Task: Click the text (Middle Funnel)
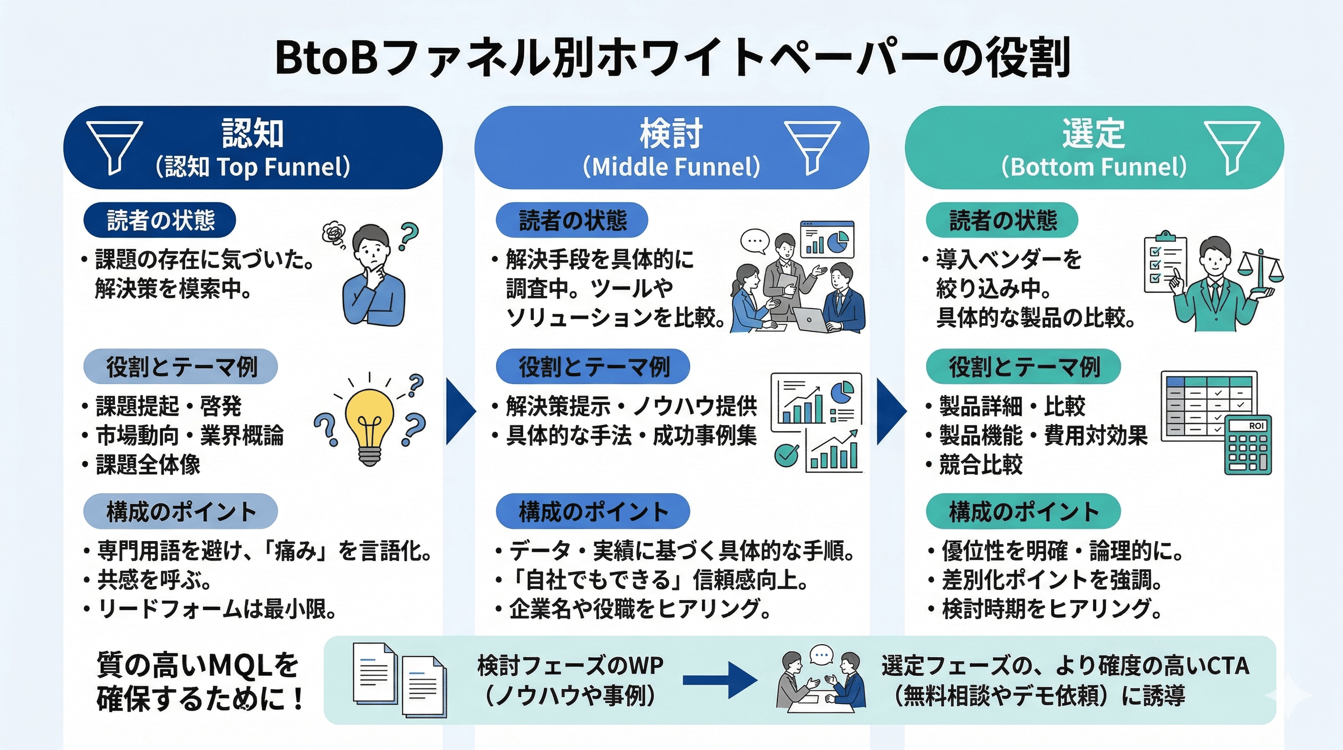pos(671,167)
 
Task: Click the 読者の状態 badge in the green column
pos(1001,220)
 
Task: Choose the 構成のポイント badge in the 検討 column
pos(593,511)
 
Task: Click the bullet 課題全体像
pos(148,464)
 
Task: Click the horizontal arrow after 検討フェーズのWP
pos(719,680)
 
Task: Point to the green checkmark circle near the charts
pos(786,455)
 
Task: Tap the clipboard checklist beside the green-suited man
pos(1165,263)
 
